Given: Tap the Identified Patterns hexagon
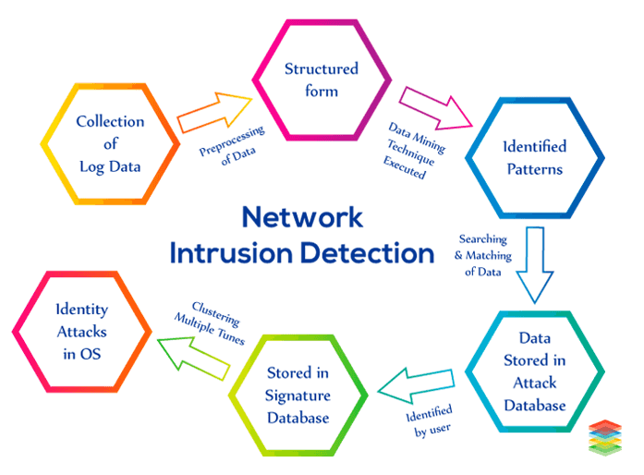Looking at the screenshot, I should [534, 157].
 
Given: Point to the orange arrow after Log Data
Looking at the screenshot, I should [213, 110].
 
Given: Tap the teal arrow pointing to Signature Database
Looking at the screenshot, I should [412, 383].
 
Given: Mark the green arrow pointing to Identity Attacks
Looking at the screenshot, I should [193, 355].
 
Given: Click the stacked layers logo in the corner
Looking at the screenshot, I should [607, 437].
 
